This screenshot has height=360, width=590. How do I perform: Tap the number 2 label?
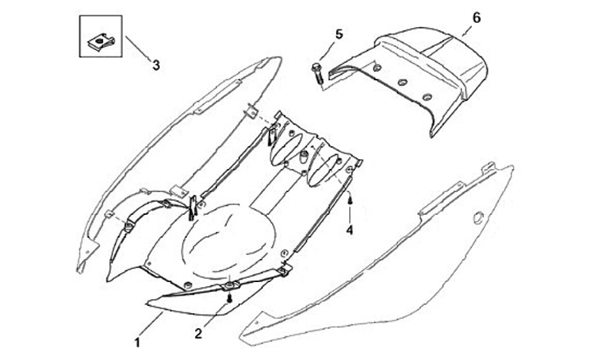click(x=197, y=333)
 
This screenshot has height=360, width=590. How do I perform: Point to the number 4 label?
click(x=350, y=230)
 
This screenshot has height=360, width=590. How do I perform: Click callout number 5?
click(x=338, y=34)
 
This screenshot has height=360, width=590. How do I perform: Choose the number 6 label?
click(x=477, y=16)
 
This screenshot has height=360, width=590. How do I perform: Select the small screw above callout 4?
click(x=350, y=199)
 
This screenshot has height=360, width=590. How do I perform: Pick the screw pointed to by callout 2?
click(x=230, y=298)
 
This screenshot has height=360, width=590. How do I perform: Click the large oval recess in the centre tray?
click(x=224, y=240)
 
